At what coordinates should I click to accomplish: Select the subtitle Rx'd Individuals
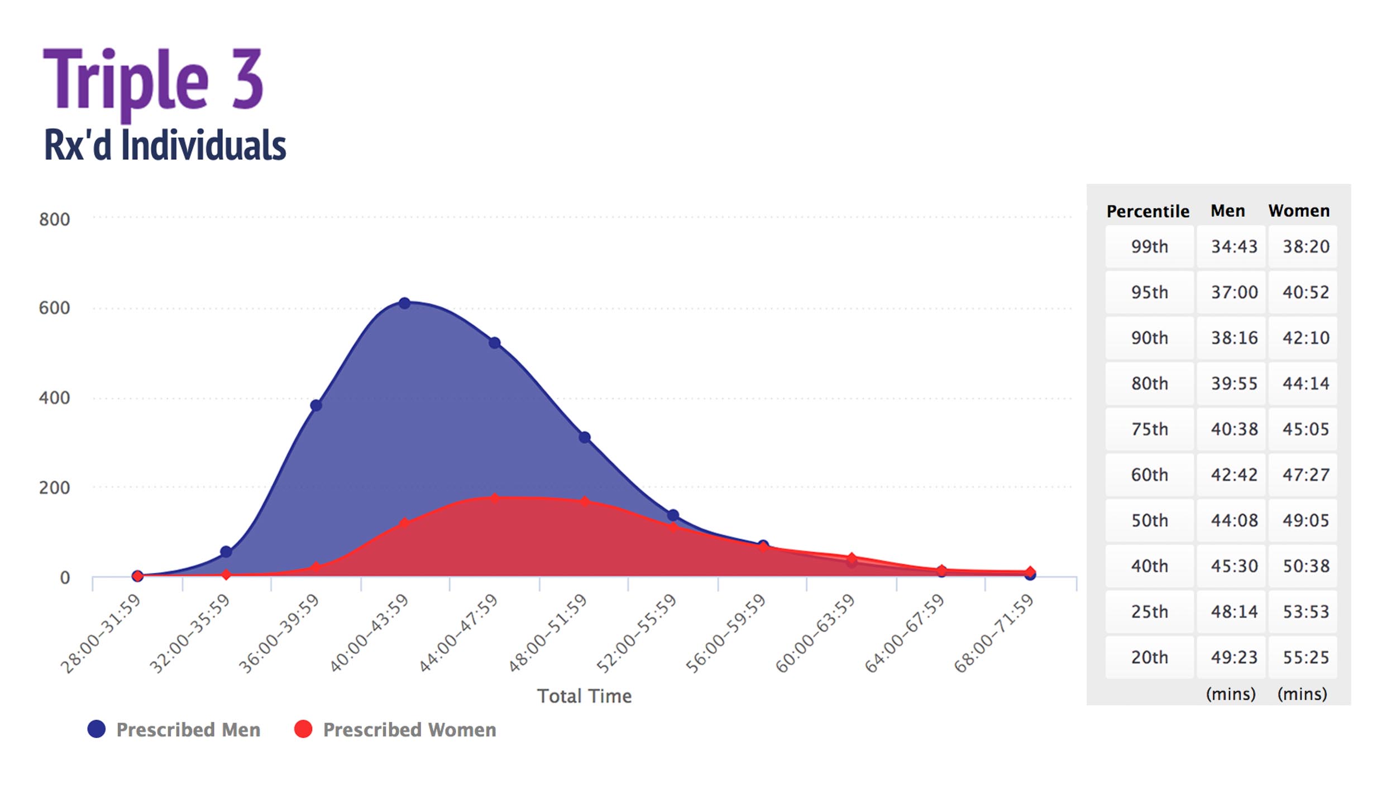[x=165, y=145]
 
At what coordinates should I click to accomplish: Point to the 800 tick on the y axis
[x=54, y=219]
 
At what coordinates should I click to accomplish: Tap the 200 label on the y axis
[x=54, y=488]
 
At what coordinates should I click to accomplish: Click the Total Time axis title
[x=584, y=696]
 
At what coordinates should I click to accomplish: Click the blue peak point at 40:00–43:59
[x=404, y=303]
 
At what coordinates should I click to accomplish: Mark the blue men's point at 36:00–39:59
[x=315, y=405]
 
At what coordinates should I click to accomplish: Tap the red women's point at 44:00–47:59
[x=494, y=498]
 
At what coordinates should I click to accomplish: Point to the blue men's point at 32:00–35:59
[x=226, y=552]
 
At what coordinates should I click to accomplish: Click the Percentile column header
[x=1148, y=211]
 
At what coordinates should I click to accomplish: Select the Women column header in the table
[x=1299, y=210]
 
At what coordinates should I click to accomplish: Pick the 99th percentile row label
[x=1149, y=246]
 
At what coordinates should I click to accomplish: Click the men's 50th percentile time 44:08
[x=1234, y=520]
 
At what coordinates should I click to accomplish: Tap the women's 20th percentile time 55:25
[x=1306, y=657]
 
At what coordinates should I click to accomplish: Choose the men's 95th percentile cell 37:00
[x=1234, y=292]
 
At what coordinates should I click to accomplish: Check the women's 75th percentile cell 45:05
[x=1306, y=429]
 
